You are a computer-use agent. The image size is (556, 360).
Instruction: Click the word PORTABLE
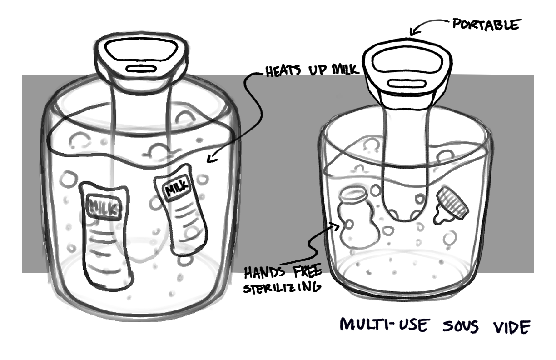point(485,25)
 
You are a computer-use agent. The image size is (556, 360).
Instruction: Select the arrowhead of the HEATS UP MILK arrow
point(208,159)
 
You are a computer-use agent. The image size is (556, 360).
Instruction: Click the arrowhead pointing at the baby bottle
point(339,225)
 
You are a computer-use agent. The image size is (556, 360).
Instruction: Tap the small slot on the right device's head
point(406,84)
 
